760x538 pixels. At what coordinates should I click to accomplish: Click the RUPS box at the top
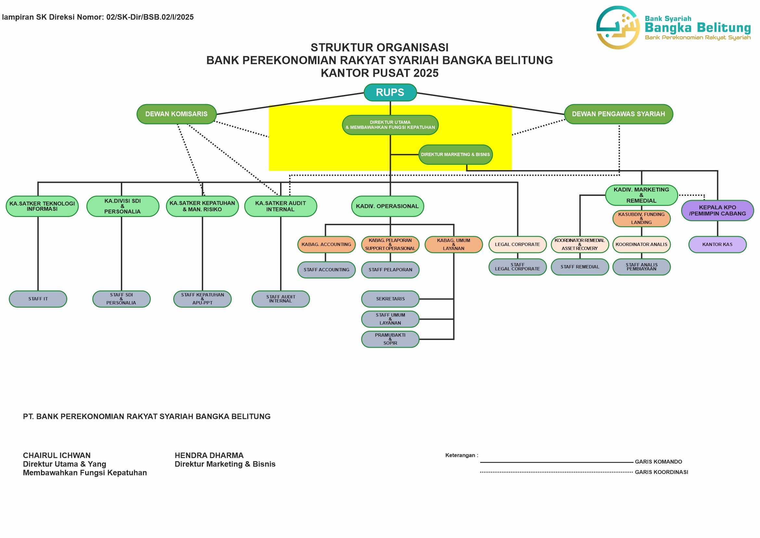click(x=390, y=92)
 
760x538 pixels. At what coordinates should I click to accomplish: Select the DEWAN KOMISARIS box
click(x=176, y=114)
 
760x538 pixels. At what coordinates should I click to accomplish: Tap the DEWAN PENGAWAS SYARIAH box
click(x=618, y=114)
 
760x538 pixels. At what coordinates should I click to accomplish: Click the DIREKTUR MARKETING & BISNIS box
click(x=455, y=155)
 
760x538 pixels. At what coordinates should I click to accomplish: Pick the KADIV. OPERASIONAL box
click(x=387, y=206)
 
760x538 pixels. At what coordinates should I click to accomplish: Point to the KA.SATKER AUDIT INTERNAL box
click(x=280, y=206)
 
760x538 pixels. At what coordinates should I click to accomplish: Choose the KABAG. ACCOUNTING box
click(x=326, y=245)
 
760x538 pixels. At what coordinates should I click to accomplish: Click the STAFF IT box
click(x=38, y=299)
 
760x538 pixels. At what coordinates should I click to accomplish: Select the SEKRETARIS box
click(x=390, y=299)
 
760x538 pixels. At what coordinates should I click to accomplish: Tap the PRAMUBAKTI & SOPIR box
click(x=390, y=339)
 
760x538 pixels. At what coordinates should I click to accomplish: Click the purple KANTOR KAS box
click(x=717, y=245)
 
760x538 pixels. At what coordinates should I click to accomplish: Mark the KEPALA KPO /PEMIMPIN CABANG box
click(x=717, y=210)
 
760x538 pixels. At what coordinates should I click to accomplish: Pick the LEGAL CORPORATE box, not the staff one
click(x=517, y=245)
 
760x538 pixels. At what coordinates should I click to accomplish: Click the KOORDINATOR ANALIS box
click(x=641, y=245)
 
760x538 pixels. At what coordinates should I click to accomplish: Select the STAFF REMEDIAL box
click(x=579, y=267)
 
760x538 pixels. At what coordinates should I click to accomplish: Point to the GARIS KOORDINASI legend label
click(x=661, y=472)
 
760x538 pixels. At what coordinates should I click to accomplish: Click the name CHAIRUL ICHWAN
click(x=57, y=455)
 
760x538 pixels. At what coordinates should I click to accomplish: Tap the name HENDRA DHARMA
click(x=209, y=455)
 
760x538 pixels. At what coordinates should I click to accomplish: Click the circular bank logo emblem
click(x=618, y=28)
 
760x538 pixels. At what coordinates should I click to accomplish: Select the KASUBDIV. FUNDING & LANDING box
click(x=641, y=218)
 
